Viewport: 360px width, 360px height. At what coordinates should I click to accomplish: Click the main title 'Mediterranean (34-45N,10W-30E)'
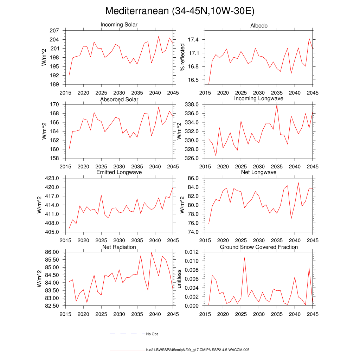180,11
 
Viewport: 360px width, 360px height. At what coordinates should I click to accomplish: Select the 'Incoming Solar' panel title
119,25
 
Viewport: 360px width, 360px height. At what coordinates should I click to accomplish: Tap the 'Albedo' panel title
259,26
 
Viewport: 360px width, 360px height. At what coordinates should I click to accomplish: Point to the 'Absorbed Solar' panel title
119,99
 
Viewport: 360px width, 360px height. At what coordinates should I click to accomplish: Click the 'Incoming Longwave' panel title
259,98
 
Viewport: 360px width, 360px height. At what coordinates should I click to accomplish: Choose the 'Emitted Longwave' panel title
119,172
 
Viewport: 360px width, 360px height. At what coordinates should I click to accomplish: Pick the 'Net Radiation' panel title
119,247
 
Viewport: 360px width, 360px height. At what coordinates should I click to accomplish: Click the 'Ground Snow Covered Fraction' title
259,247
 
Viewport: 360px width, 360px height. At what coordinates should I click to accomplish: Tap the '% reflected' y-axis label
182,57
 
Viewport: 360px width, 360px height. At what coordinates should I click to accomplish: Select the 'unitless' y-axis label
179,279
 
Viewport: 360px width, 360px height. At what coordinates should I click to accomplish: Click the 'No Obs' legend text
152,334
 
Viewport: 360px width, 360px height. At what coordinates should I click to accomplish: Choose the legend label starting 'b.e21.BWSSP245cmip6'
198,350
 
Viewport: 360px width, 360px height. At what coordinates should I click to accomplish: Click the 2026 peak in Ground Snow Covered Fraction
244,258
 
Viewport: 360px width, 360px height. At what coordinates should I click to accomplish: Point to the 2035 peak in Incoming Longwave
277,104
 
